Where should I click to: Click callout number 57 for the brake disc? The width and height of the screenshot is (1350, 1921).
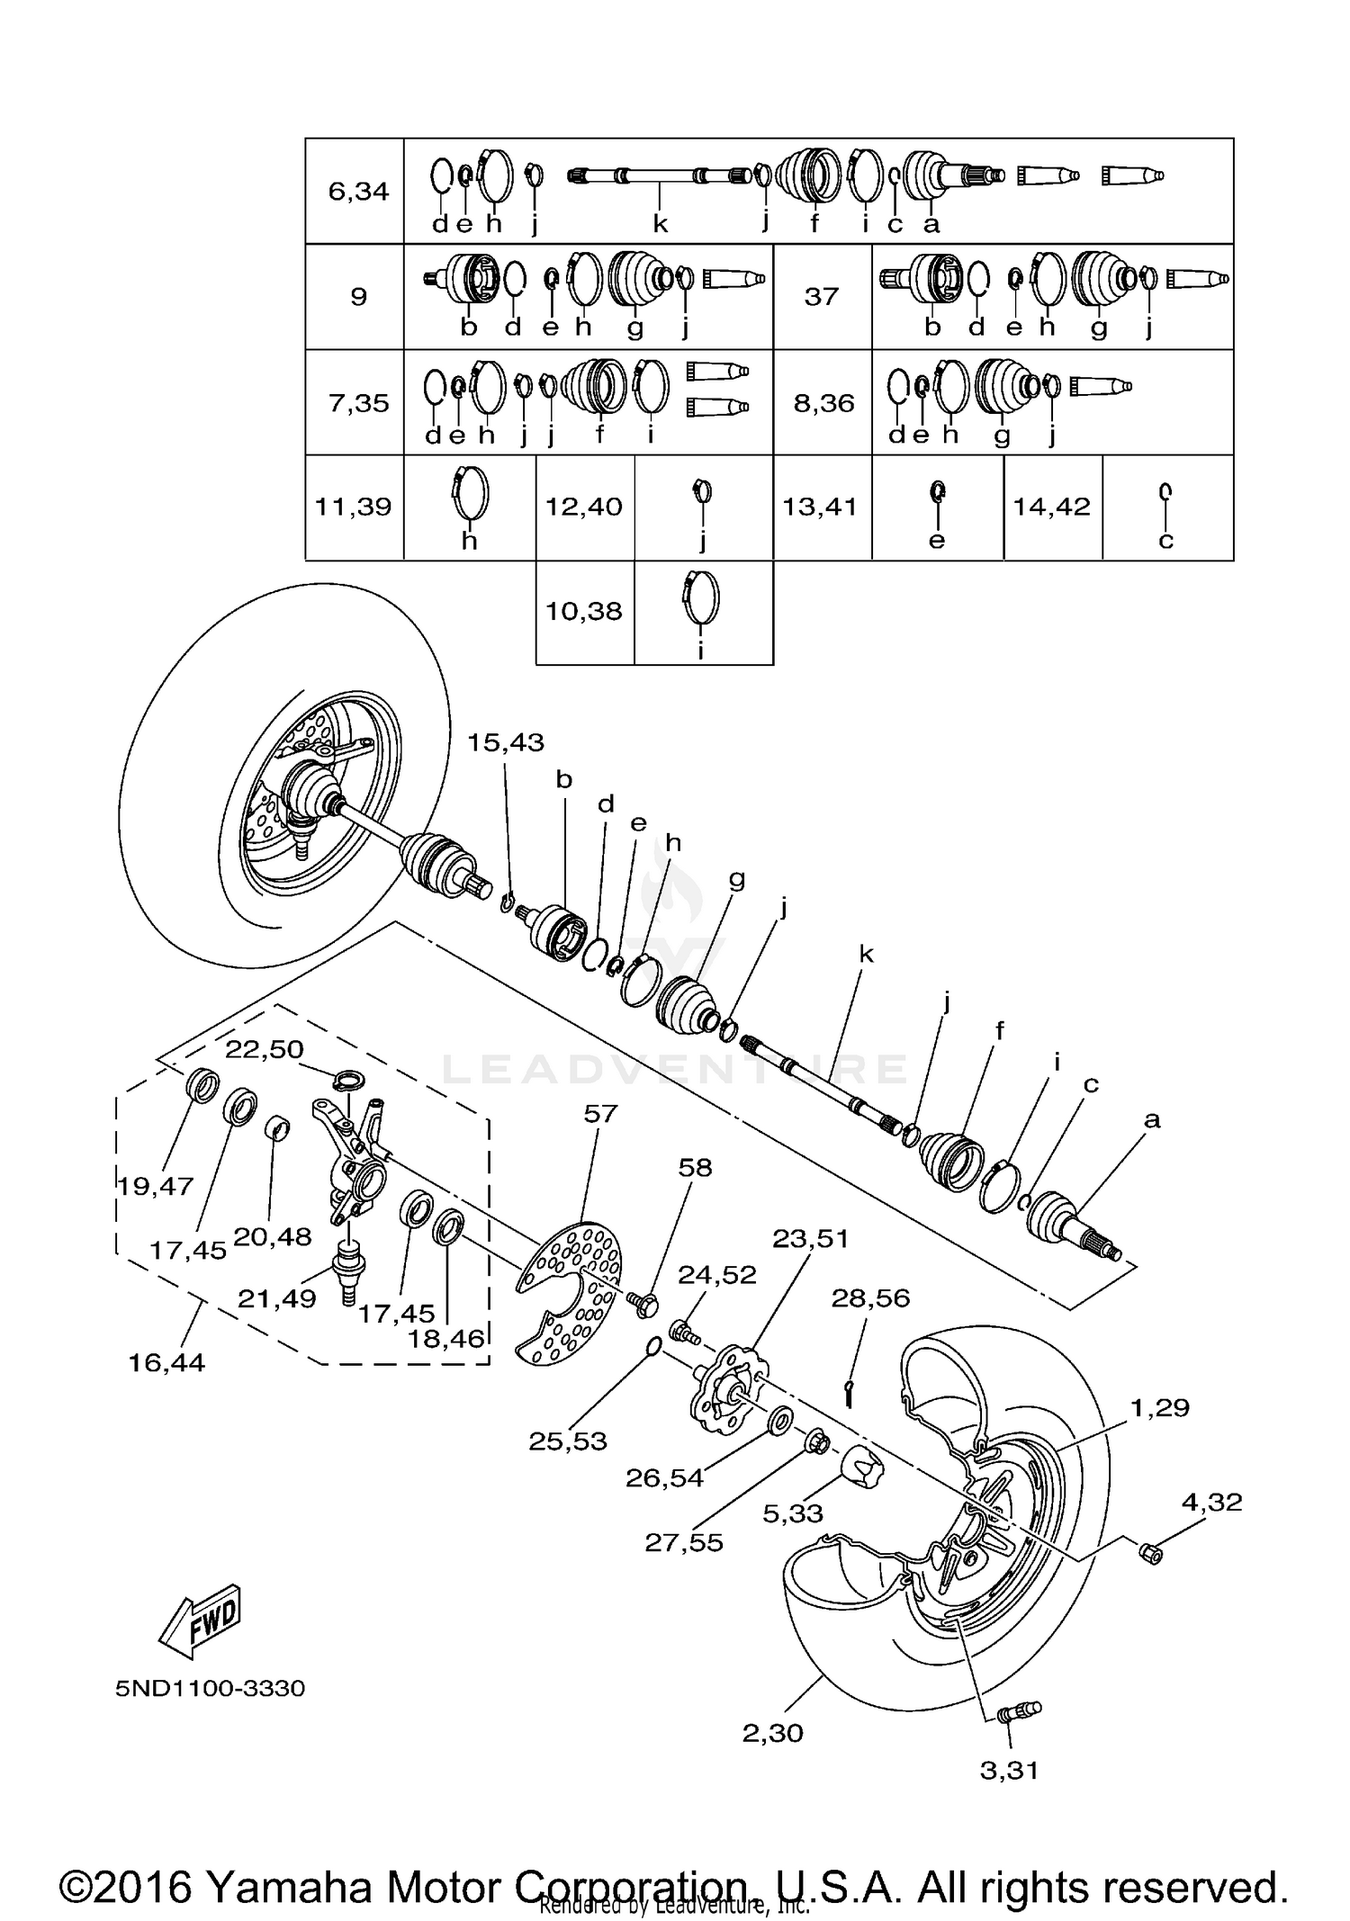600,1114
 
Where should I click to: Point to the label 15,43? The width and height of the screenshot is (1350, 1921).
505,742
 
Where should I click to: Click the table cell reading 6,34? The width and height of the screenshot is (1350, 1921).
358,191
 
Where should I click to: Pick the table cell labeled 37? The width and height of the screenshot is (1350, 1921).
821,296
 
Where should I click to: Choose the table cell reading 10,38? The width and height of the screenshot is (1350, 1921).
584,612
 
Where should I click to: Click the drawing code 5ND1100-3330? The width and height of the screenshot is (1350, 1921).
210,1688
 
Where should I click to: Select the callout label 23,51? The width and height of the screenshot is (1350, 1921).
810,1239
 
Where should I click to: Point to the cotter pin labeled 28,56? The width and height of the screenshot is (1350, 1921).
848,1394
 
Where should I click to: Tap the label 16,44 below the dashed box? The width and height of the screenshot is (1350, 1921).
166,1362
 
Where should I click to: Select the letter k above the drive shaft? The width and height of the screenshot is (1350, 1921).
866,954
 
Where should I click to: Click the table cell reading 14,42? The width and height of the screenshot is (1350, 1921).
1051,507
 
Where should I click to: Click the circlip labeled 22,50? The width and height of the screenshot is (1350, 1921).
347,1079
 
